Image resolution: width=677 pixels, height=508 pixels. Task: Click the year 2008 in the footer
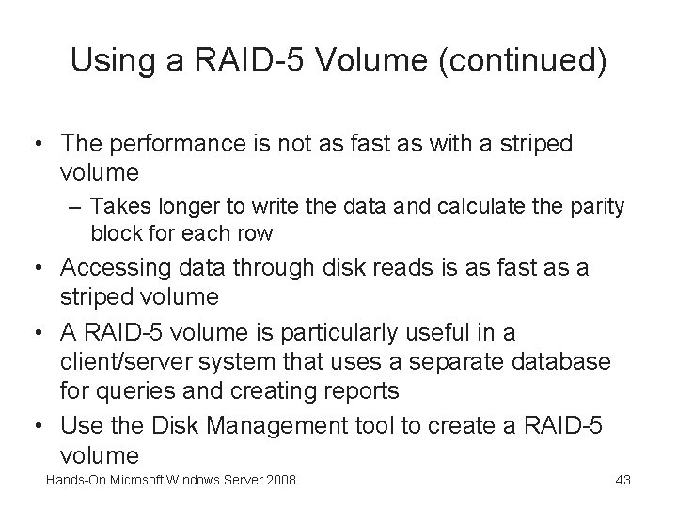(x=279, y=481)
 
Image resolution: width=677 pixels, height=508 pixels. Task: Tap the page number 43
(x=622, y=481)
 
